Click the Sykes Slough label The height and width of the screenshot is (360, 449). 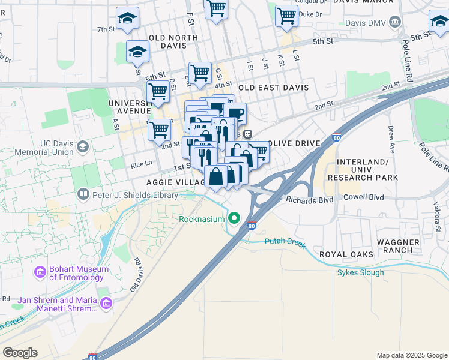pyautogui.click(x=360, y=273)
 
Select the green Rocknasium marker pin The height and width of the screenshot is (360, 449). pyautogui.click(x=235, y=218)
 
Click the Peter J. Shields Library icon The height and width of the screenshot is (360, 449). pyautogui.click(x=83, y=195)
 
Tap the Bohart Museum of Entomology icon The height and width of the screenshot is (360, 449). pyautogui.click(x=40, y=273)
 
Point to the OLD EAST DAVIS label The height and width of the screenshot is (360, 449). pyautogui.click(x=273, y=88)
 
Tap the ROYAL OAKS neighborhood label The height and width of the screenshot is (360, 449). pyautogui.click(x=346, y=254)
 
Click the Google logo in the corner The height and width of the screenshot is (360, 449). pyautogui.click(x=20, y=352)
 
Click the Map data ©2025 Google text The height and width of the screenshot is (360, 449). pyautogui.click(x=411, y=355)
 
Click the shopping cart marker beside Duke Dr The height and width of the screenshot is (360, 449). pyautogui.click(x=287, y=16)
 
